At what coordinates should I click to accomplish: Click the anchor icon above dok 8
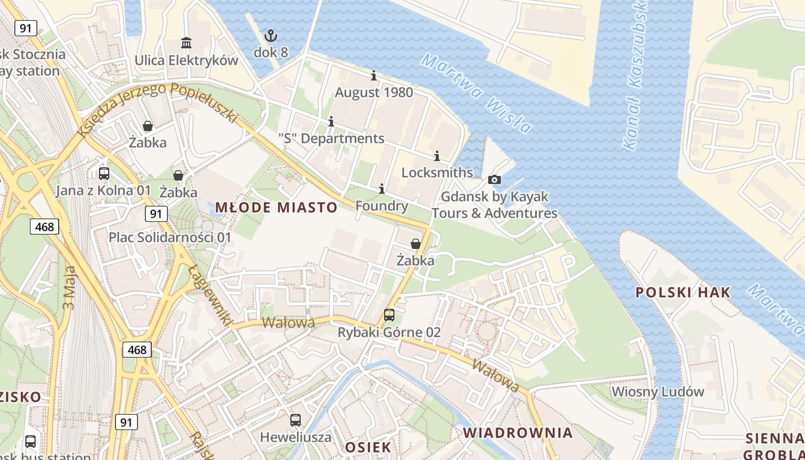(270, 36)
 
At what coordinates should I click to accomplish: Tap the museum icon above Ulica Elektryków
(186, 43)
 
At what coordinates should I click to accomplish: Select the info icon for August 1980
(374, 75)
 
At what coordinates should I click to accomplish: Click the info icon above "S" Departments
(331, 121)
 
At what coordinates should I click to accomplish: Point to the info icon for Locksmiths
(436, 156)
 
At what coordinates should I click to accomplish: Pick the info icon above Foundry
(381, 189)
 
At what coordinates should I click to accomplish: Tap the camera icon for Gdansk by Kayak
(494, 179)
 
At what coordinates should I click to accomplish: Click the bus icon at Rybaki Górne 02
(389, 315)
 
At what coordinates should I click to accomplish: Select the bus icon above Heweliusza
(296, 420)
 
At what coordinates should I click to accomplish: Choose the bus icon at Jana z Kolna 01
(104, 173)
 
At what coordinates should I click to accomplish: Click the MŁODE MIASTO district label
(276, 208)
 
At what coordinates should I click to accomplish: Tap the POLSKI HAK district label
(683, 292)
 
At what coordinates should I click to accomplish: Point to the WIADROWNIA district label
(518, 432)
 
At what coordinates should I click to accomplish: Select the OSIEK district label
(368, 447)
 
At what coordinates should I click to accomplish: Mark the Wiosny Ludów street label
(658, 392)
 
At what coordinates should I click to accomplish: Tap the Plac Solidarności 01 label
(170, 237)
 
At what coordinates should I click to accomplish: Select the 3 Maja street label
(70, 287)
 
